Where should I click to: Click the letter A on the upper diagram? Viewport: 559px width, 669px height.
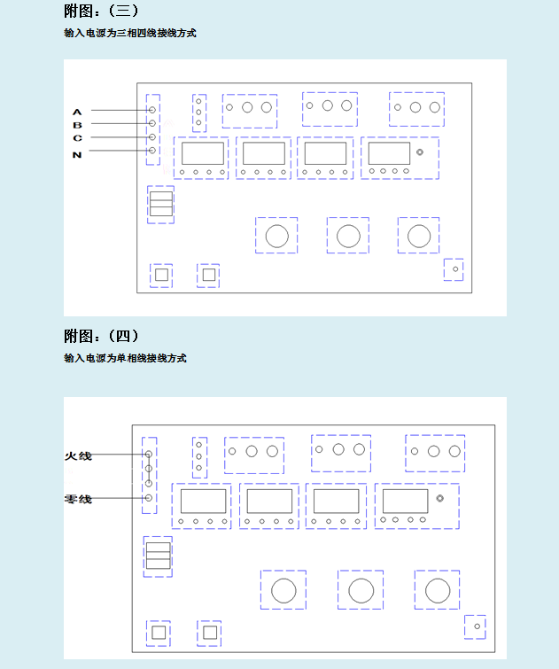[x=77, y=113]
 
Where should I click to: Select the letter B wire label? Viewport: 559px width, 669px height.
[x=77, y=125]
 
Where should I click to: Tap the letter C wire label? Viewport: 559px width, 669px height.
[x=77, y=138]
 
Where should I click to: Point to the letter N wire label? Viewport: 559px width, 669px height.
[x=77, y=155]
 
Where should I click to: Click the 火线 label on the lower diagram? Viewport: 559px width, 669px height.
[x=78, y=456]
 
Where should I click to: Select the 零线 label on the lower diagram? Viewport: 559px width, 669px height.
[x=78, y=499]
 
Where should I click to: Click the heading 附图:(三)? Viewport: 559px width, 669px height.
[x=101, y=11]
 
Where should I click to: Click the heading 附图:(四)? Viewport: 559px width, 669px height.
[x=101, y=336]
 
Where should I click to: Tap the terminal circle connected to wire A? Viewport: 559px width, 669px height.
[x=152, y=110]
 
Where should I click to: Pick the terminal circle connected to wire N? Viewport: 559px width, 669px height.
[x=152, y=150]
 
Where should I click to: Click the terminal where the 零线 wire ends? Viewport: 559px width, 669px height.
[x=149, y=498]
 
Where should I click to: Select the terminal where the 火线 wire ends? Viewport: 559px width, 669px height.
[x=149, y=455]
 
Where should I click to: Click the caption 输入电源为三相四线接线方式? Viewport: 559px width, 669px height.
[x=130, y=33]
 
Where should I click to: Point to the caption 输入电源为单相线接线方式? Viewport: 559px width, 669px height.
[x=125, y=358]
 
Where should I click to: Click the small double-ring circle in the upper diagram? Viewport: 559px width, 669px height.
[x=420, y=152]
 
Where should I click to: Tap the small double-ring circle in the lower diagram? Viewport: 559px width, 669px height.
[x=440, y=498]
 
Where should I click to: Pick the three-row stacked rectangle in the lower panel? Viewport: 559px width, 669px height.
[x=159, y=556]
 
